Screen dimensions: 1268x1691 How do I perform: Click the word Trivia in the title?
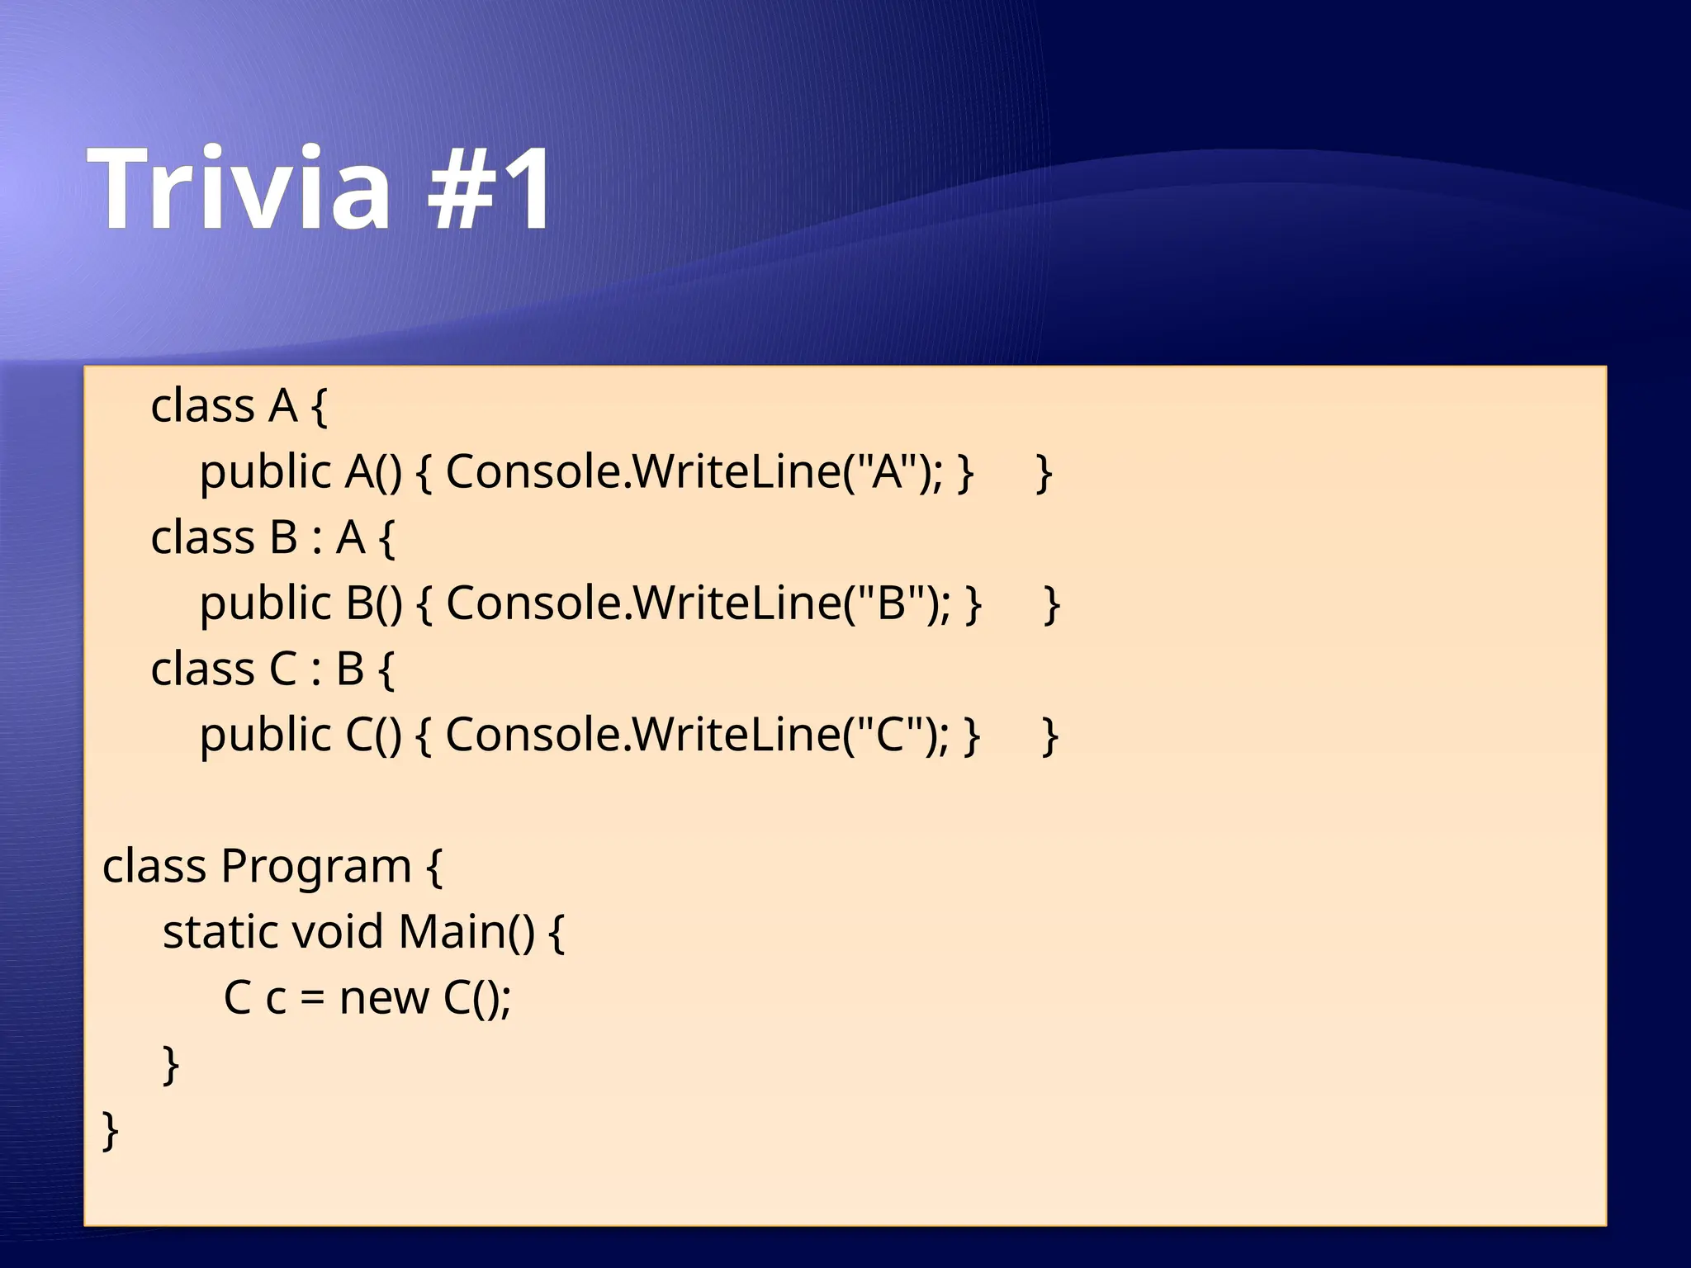tap(239, 189)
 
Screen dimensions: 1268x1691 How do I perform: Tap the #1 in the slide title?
tap(490, 189)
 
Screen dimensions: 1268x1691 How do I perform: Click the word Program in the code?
tap(315, 867)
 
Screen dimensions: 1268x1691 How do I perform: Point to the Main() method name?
tap(466, 932)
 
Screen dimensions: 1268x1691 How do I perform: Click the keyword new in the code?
tap(384, 998)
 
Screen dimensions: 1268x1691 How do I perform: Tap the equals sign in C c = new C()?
tap(312, 999)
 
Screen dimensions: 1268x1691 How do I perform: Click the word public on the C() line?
tap(265, 736)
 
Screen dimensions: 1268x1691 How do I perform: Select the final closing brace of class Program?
tap(110, 1130)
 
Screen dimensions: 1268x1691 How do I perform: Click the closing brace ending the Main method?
tap(170, 1065)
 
